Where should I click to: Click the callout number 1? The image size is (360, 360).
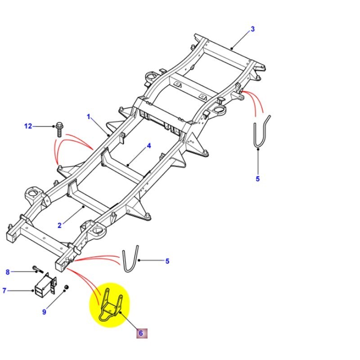coord(89,117)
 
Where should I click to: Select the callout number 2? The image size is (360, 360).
coord(59,225)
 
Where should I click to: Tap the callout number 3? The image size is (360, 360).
coord(252,29)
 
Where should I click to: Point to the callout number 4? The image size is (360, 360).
coord(148,146)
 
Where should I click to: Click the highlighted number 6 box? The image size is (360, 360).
coord(140,333)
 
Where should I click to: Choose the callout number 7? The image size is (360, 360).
coord(4,291)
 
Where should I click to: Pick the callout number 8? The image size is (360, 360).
coord(7,272)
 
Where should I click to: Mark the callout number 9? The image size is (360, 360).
coord(44,312)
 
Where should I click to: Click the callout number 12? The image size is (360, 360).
coord(28,126)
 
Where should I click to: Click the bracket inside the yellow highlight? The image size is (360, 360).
coord(109,306)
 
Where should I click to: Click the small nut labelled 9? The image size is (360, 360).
coord(66,287)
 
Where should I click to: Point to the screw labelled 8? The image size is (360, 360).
coord(36,270)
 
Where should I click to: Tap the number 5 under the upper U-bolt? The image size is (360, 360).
coord(257,179)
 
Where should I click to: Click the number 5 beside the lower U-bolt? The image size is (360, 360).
coord(167,261)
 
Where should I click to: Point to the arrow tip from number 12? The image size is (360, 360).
coord(54,126)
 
